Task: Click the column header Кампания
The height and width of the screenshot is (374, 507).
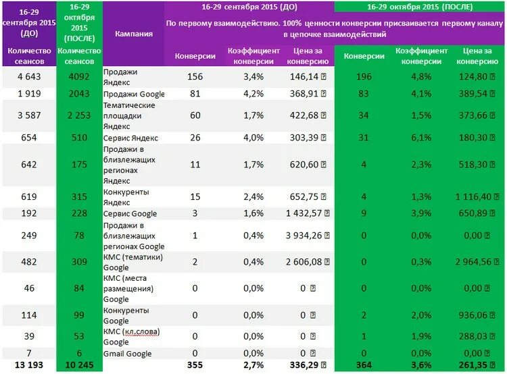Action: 133,34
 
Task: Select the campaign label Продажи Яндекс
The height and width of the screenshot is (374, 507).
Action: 121,76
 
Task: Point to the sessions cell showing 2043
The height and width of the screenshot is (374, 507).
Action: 80,94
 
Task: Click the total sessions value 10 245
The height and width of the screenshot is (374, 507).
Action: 80,366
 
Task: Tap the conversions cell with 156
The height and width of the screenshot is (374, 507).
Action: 195,76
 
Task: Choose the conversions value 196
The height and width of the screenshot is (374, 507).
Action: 364,76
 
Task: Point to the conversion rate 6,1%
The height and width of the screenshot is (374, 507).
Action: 421,138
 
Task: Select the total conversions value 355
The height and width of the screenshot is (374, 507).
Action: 195,366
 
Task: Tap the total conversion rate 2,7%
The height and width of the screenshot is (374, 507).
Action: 253,366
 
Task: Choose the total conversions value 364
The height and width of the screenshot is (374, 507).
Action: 364,366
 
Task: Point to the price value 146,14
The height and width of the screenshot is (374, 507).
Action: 304,76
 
